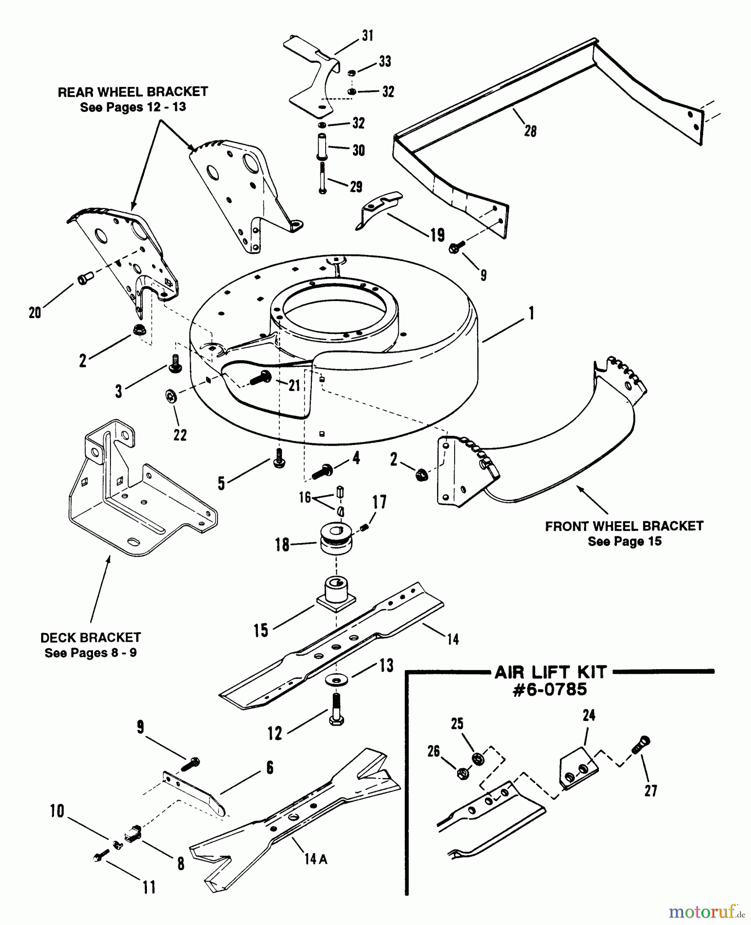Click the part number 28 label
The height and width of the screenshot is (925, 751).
[x=530, y=131]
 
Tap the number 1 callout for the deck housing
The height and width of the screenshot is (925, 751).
[x=531, y=313]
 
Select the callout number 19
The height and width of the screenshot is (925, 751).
[x=437, y=235]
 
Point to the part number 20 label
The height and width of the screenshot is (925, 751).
[x=34, y=312]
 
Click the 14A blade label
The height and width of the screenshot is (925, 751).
[x=315, y=859]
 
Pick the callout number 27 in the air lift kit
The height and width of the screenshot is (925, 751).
[x=651, y=790]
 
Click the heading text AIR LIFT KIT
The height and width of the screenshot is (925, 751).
[x=550, y=672]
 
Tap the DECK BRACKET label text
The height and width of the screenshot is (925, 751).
[x=90, y=638]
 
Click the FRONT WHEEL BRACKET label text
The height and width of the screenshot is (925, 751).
[x=624, y=526]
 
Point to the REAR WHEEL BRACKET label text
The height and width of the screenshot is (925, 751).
[x=133, y=92]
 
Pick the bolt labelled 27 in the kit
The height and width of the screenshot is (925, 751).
[x=640, y=745]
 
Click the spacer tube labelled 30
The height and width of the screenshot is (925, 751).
[x=323, y=146]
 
